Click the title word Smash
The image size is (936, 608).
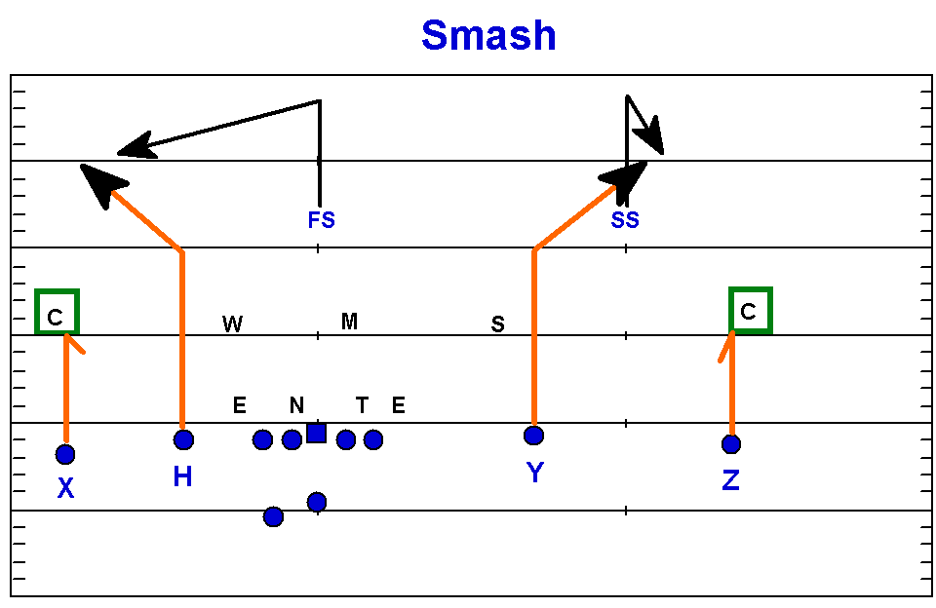pos(488,36)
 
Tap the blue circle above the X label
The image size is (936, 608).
pos(65,454)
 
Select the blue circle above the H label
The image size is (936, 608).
pos(183,439)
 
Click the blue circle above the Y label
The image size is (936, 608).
pos(533,435)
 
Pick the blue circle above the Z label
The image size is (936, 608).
pos(731,444)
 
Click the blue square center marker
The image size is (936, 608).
pos(316,433)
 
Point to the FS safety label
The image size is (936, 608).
pos(321,220)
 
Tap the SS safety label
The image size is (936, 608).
pos(625,220)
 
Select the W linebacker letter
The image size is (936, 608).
pos(232,324)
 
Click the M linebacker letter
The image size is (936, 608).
pos(349,322)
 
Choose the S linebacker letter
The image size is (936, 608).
pos(497,324)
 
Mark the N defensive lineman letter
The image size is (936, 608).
pos(296,405)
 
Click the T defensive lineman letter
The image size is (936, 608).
pos(362,405)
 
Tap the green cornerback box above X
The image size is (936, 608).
pos(57,312)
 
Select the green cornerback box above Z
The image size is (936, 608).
pos(750,311)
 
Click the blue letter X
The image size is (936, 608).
pos(65,489)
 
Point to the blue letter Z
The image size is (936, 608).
pos(731,479)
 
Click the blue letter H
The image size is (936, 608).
pos(182,476)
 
